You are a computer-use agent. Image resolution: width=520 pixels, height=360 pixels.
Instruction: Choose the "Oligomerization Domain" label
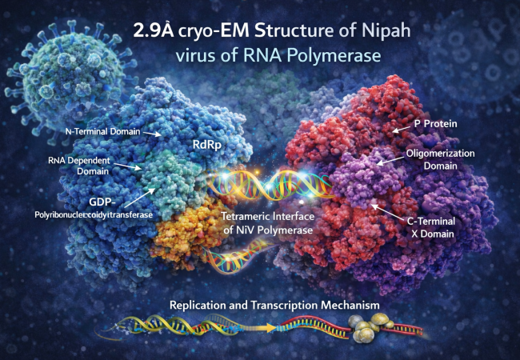point(446,160)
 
